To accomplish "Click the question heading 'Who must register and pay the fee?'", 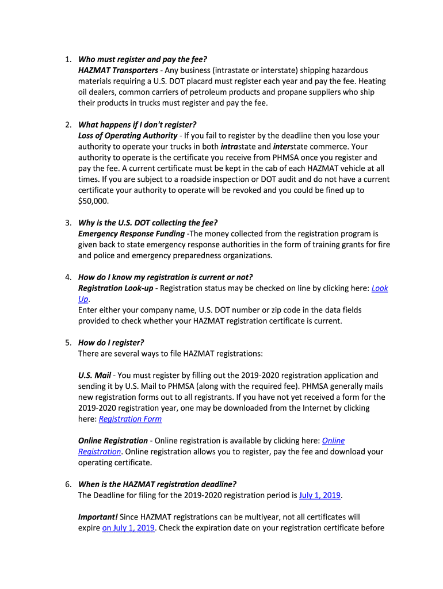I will click(142, 59).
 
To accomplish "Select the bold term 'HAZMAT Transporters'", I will click(118, 70).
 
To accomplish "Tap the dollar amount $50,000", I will click(93, 201).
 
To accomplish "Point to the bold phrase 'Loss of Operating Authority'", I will click(128, 136).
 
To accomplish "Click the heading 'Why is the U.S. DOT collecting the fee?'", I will click(148, 223).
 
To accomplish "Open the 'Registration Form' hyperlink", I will click(130, 419).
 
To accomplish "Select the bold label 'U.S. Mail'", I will click(94, 375).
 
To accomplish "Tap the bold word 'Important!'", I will click(98, 517).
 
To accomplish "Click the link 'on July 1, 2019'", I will click(128, 528).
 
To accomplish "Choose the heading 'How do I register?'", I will click(111, 342).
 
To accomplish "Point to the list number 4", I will click(67, 277).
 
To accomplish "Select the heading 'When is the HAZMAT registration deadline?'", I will click(157, 484).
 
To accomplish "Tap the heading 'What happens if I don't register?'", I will click(138, 125).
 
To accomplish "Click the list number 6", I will click(67, 484).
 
